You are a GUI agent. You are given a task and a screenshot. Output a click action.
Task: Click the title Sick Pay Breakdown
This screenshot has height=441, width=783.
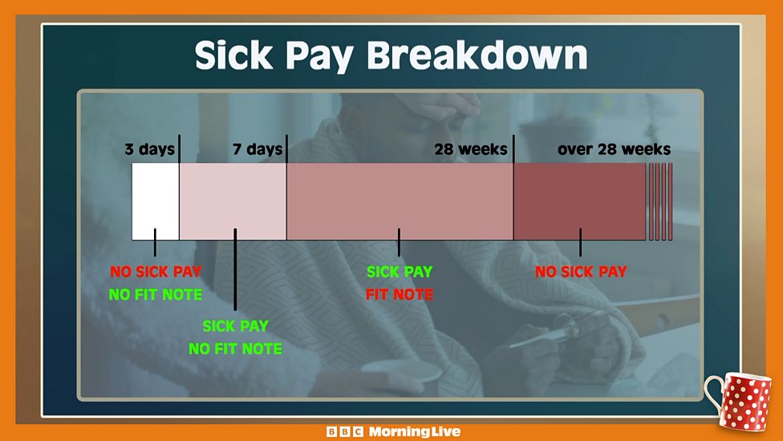(391, 55)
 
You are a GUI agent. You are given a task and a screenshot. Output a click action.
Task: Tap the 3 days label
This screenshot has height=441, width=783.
(150, 149)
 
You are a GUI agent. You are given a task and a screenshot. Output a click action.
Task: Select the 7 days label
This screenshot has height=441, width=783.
(258, 149)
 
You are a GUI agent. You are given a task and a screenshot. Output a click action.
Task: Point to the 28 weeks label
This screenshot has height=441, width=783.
(470, 149)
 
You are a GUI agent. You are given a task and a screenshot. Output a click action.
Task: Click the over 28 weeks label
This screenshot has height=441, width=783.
(615, 149)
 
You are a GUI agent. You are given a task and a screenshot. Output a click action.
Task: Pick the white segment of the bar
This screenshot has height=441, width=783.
(156, 202)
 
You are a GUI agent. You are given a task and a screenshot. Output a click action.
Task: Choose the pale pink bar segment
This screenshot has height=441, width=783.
(233, 202)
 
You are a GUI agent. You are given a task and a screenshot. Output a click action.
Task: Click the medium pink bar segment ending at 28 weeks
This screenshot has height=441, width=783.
(400, 202)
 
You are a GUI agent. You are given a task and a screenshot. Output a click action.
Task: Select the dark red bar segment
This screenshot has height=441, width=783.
(580, 202)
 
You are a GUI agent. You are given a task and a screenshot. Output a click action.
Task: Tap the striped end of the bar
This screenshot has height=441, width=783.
(659, 202)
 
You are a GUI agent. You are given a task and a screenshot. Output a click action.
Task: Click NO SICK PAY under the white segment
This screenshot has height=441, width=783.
(156, 272)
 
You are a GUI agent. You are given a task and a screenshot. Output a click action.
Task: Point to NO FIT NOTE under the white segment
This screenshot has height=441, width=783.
(156, 295)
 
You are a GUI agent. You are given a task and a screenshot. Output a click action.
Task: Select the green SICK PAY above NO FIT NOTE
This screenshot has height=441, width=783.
(236, 326)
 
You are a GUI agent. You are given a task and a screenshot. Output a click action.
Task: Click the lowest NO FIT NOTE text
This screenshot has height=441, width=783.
(236, 349)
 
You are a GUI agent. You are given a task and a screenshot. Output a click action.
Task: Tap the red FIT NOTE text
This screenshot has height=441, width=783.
(400, 295)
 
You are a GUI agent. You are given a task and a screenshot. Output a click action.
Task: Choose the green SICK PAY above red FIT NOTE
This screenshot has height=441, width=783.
(400, 272)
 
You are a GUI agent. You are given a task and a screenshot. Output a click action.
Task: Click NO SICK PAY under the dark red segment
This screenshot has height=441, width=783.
(581, 272)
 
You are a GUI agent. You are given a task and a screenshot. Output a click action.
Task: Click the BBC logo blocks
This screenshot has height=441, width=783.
(345, 431)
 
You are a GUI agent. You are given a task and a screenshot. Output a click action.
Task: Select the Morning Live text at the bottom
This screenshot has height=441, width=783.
(415, 431)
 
